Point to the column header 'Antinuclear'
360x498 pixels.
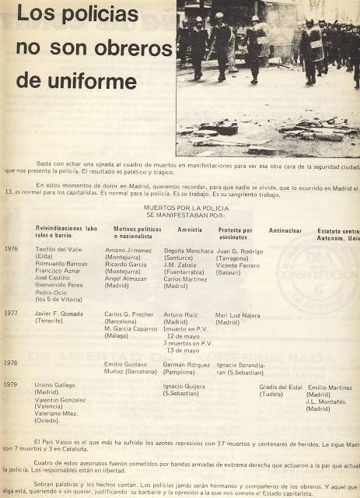pos(285,230)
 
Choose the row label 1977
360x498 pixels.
pos(11,312)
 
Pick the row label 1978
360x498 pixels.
pos(10,363)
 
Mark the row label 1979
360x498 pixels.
pos(10,385)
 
